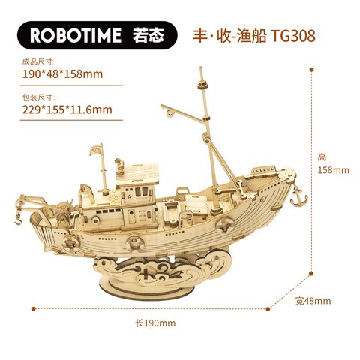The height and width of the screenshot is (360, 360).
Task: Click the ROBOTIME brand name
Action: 76,35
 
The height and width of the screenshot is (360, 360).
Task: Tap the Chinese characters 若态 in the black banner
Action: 148,35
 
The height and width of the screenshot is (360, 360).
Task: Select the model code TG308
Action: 293,36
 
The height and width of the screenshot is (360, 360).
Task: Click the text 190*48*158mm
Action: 62,74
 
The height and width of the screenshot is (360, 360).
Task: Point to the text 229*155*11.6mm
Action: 67,109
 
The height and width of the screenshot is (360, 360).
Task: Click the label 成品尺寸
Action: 38,61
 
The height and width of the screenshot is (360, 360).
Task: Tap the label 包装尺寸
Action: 39,97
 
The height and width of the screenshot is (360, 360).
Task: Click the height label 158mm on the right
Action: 334,170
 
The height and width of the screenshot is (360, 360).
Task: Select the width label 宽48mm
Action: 313,301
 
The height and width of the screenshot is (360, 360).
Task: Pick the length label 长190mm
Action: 155,323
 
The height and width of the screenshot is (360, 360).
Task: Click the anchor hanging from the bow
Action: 298,196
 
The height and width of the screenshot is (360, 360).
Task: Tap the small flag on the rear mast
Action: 96,150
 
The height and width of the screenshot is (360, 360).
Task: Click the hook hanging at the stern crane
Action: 18,220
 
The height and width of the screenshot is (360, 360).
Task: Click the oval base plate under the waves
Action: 146,287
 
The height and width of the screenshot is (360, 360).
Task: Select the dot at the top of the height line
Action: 311,70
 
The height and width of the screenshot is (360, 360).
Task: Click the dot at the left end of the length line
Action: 34,309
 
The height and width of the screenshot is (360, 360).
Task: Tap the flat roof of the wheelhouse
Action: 137,175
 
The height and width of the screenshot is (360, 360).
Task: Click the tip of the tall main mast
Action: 200,67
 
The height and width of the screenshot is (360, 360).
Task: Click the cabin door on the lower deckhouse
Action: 132,217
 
